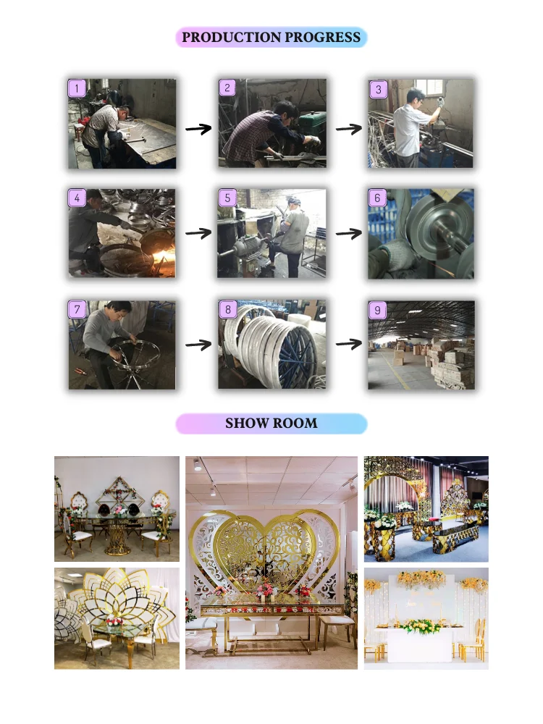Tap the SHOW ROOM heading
(x=271, y=423)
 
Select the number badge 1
(x=77, y=88)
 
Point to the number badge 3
(x=378, y=89)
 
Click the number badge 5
(x=227, y=198)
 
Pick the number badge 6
(x=377, y=198)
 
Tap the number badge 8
(x=227, y=309)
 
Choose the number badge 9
(x=377, y=310)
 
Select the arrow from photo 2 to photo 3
(x=349, y=129)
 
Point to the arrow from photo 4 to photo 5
(x=198, y=233)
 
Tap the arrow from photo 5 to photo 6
(x=349, y=233)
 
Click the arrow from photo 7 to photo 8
(x=198, y=345)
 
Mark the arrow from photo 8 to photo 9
(x=349, y=344)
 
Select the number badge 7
(x=77, y=309)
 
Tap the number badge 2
(x=227, y=88)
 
